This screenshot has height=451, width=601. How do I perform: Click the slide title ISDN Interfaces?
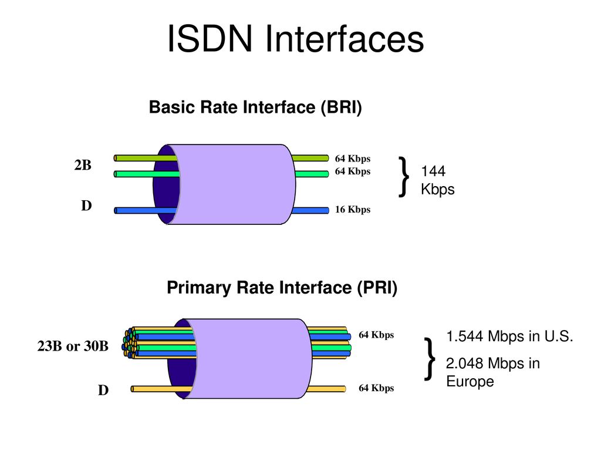point(295,40)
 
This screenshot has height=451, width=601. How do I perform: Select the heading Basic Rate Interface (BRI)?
point(255,108)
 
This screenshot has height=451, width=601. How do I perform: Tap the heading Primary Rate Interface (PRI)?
point(282,288)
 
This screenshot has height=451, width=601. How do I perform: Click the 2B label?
point(83,166)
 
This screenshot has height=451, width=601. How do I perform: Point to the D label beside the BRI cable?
point(86,206)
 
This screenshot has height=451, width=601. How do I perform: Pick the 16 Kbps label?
point(353,210)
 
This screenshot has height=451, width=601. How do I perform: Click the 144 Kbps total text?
point(437,180)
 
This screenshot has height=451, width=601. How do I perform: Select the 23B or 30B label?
point(73,346)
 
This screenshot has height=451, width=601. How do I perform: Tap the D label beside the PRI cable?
point(103,390)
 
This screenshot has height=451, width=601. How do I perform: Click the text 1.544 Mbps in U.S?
point(509,337)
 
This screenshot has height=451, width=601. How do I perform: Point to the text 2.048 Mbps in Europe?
point(492,372)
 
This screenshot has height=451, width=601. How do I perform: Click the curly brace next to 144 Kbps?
point(404,176)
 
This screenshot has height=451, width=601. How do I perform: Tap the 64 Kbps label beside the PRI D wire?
point(376,388)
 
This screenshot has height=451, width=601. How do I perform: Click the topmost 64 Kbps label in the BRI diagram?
point(353,159)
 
